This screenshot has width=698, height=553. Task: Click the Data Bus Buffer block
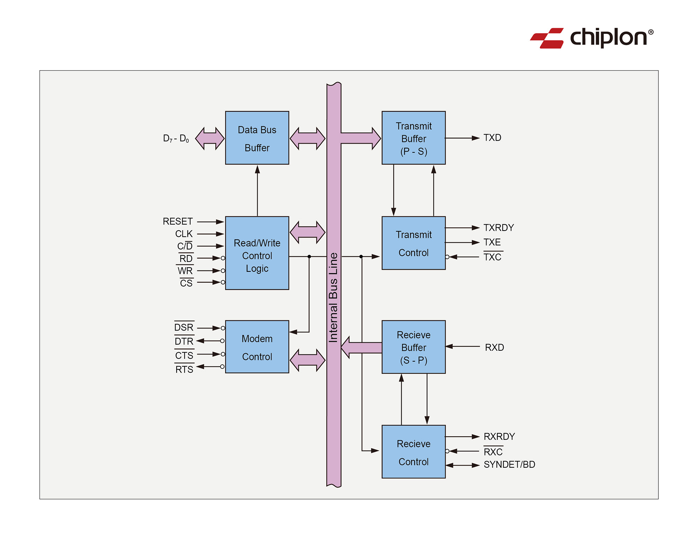pos(257,138)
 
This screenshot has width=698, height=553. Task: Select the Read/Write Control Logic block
pos(257,253)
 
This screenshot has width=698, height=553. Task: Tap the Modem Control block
pos(257,347)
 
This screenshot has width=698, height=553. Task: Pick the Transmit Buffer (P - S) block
pos(414,138)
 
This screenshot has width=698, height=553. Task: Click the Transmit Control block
pos(414,243)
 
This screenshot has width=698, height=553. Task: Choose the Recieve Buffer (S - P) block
pos(414,347)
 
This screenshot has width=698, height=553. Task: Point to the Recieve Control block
pos(414,452)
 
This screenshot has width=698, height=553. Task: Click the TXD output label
pos(492,138)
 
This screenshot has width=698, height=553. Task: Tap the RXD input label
pos(494,348)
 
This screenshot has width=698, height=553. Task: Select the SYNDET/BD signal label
pos(509,465)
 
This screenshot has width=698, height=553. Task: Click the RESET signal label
pos(178,221)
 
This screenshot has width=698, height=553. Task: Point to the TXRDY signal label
pos(498,228)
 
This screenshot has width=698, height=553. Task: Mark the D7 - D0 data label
pos(176,139)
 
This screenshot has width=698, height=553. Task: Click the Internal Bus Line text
pos(334,297)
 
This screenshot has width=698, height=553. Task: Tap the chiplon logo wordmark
pos(609,37)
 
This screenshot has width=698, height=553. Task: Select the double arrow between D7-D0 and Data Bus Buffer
pos(210,138)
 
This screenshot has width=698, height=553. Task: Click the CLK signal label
pos(184,234)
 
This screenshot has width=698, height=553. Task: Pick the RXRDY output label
pos(499,437)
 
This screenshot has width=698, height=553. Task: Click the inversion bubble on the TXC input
pos(447,257)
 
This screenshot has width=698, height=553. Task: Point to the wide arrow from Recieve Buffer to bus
pos(361,348)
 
